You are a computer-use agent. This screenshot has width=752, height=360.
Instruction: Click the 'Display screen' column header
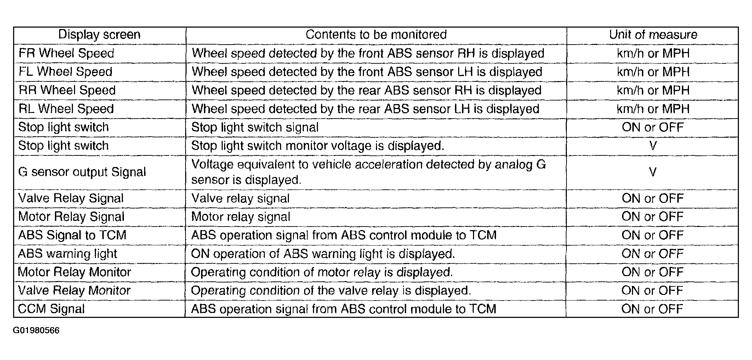[99, 35]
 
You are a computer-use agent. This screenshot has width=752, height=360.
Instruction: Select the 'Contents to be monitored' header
[376, 35]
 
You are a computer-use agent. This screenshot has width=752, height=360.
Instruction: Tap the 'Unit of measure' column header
[653, 35]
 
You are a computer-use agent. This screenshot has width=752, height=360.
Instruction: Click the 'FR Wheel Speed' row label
[66, 53]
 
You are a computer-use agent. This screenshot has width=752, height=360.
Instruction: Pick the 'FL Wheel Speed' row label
[65, 72]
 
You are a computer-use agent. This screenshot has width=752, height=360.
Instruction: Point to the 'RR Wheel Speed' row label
[67, 90]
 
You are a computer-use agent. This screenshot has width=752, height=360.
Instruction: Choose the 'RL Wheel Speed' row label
[66, 109]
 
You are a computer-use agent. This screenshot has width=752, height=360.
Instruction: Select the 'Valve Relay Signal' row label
[71, 198]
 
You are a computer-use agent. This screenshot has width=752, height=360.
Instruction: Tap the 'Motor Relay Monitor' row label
[74, 272]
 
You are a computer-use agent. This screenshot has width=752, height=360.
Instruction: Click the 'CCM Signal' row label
[51, 309]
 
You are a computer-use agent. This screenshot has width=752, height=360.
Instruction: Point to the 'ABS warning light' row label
[67, 254]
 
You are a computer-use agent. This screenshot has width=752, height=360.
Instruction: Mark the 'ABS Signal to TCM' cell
[72, 235]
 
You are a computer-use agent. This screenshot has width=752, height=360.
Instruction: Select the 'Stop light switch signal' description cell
[255, 127]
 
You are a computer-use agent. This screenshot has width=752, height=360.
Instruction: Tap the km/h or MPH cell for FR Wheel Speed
[653, 53]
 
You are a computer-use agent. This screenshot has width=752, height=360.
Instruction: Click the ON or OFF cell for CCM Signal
[652, 309]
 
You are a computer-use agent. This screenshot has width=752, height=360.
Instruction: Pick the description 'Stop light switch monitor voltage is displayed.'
[318, 146]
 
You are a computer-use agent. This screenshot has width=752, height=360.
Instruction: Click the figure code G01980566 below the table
[36, 331]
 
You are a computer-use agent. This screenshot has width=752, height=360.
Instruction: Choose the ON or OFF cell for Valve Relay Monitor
[652, 291]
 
